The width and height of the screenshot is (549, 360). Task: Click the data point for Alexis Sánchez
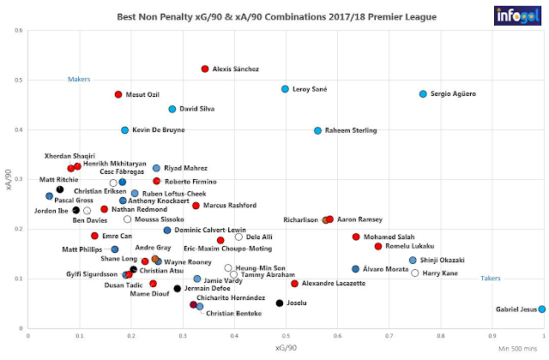pos(205,69)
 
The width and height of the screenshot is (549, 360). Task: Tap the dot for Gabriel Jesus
pos(541,309)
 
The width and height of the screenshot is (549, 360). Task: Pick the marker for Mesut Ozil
pos(118,94)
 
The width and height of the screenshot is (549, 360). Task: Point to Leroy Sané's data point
pos(285,89)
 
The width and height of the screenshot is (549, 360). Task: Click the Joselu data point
pos(280,303)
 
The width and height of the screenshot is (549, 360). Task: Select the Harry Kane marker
pos(415,273)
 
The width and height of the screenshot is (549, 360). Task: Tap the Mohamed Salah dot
pos(356,237)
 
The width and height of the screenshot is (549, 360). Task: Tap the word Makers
pos(79,80)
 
